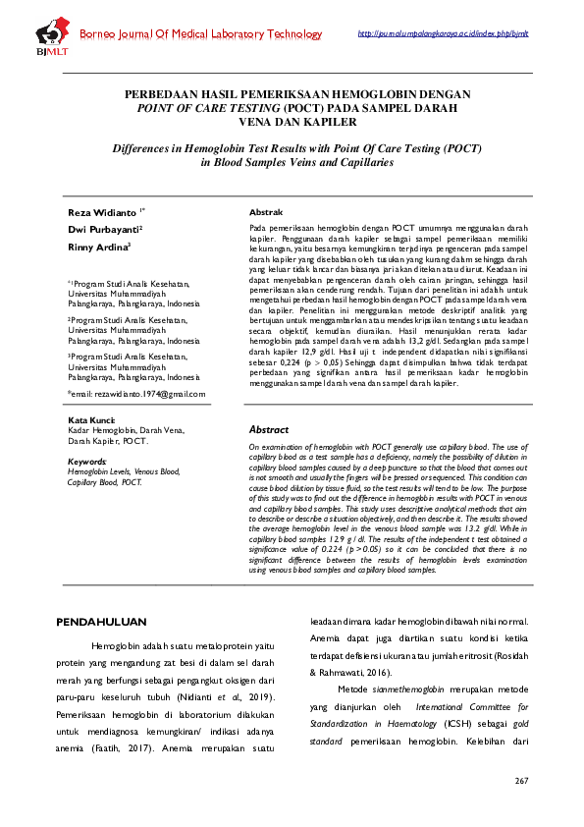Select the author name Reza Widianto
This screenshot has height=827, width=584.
(x=103, y=212)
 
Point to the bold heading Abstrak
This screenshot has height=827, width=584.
(x=267, y=212)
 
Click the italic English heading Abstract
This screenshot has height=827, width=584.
(x=269, y=430)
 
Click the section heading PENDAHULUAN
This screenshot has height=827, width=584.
(x=102, y=622)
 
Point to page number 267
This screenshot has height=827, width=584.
(x=521, y=781)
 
